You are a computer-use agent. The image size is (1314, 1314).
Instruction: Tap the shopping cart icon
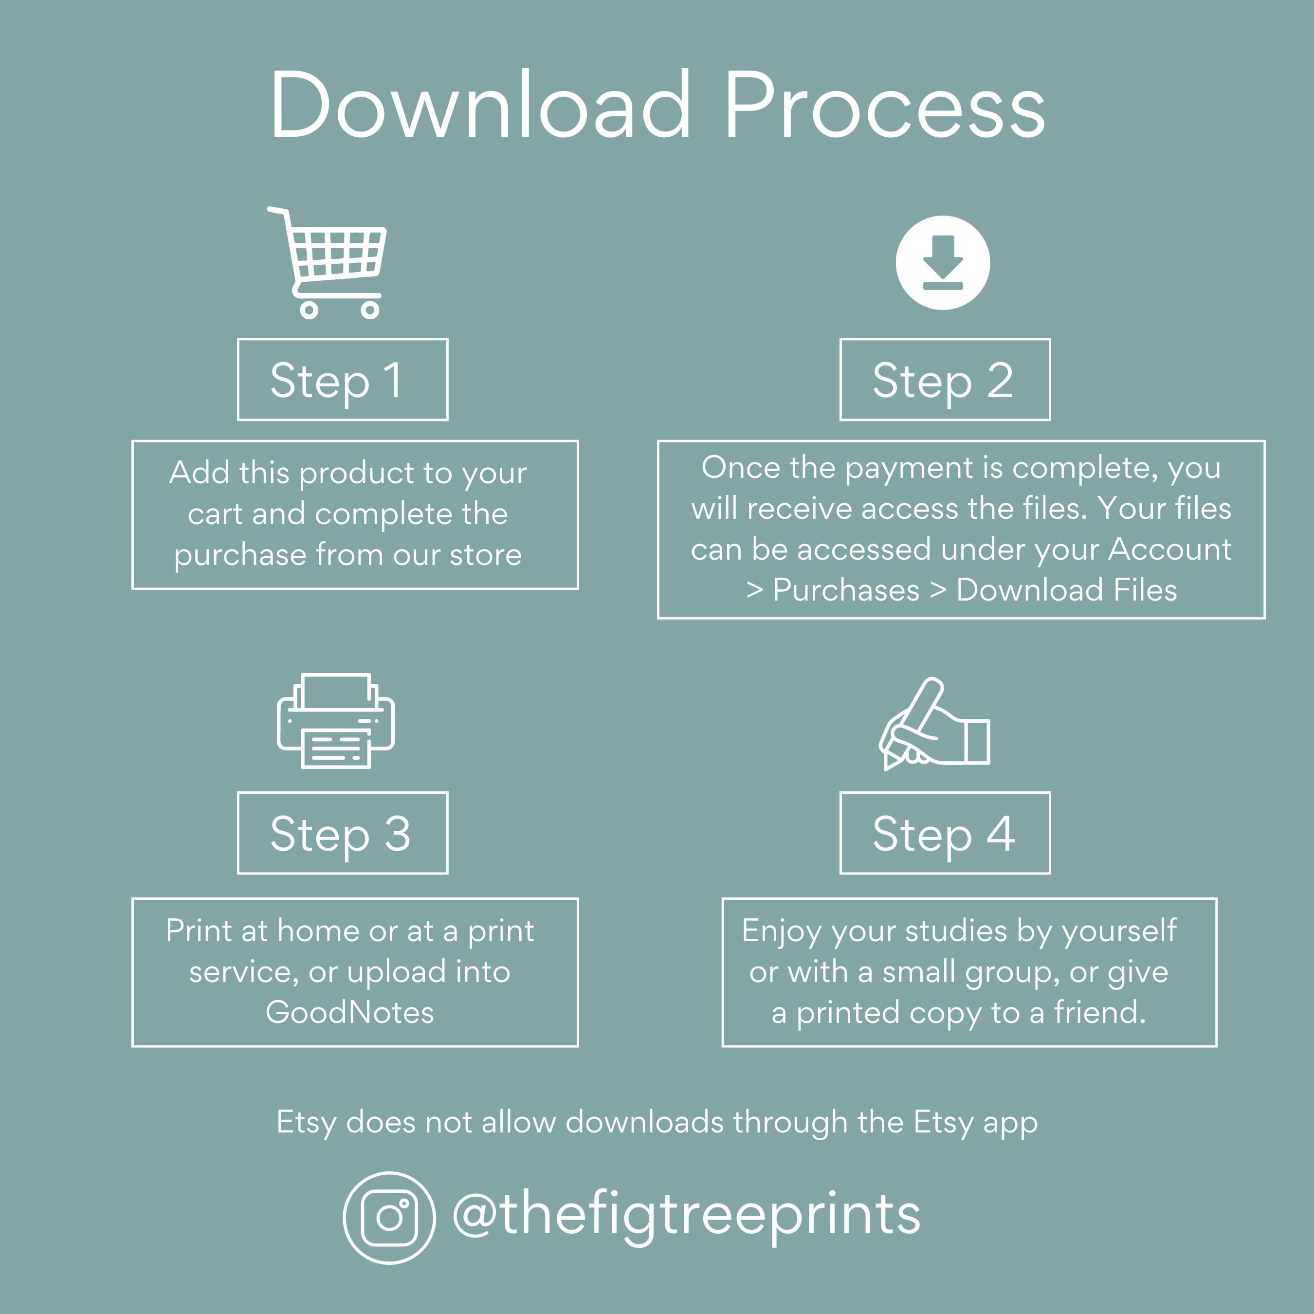tap(327, 262)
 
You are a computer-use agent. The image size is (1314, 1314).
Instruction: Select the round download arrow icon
tap(943, 262)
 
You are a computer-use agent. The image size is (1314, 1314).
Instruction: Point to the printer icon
tap(335, 721)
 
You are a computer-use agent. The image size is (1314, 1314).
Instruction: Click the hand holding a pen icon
tap(934, 724)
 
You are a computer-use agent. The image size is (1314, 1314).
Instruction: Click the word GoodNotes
tap(349, 1012)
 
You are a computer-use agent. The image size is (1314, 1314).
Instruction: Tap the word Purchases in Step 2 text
tap(846, 590)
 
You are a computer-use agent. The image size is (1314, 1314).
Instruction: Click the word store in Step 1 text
tap(486, 555)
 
